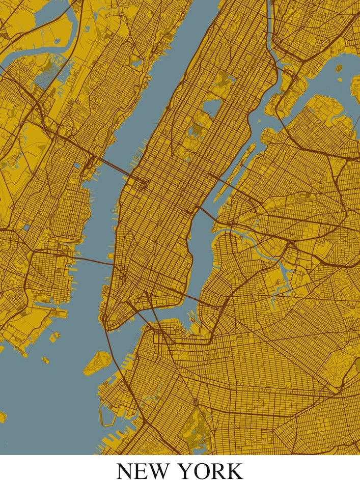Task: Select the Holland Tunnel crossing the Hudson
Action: [92, 260]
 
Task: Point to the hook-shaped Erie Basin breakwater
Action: [107, 417]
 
